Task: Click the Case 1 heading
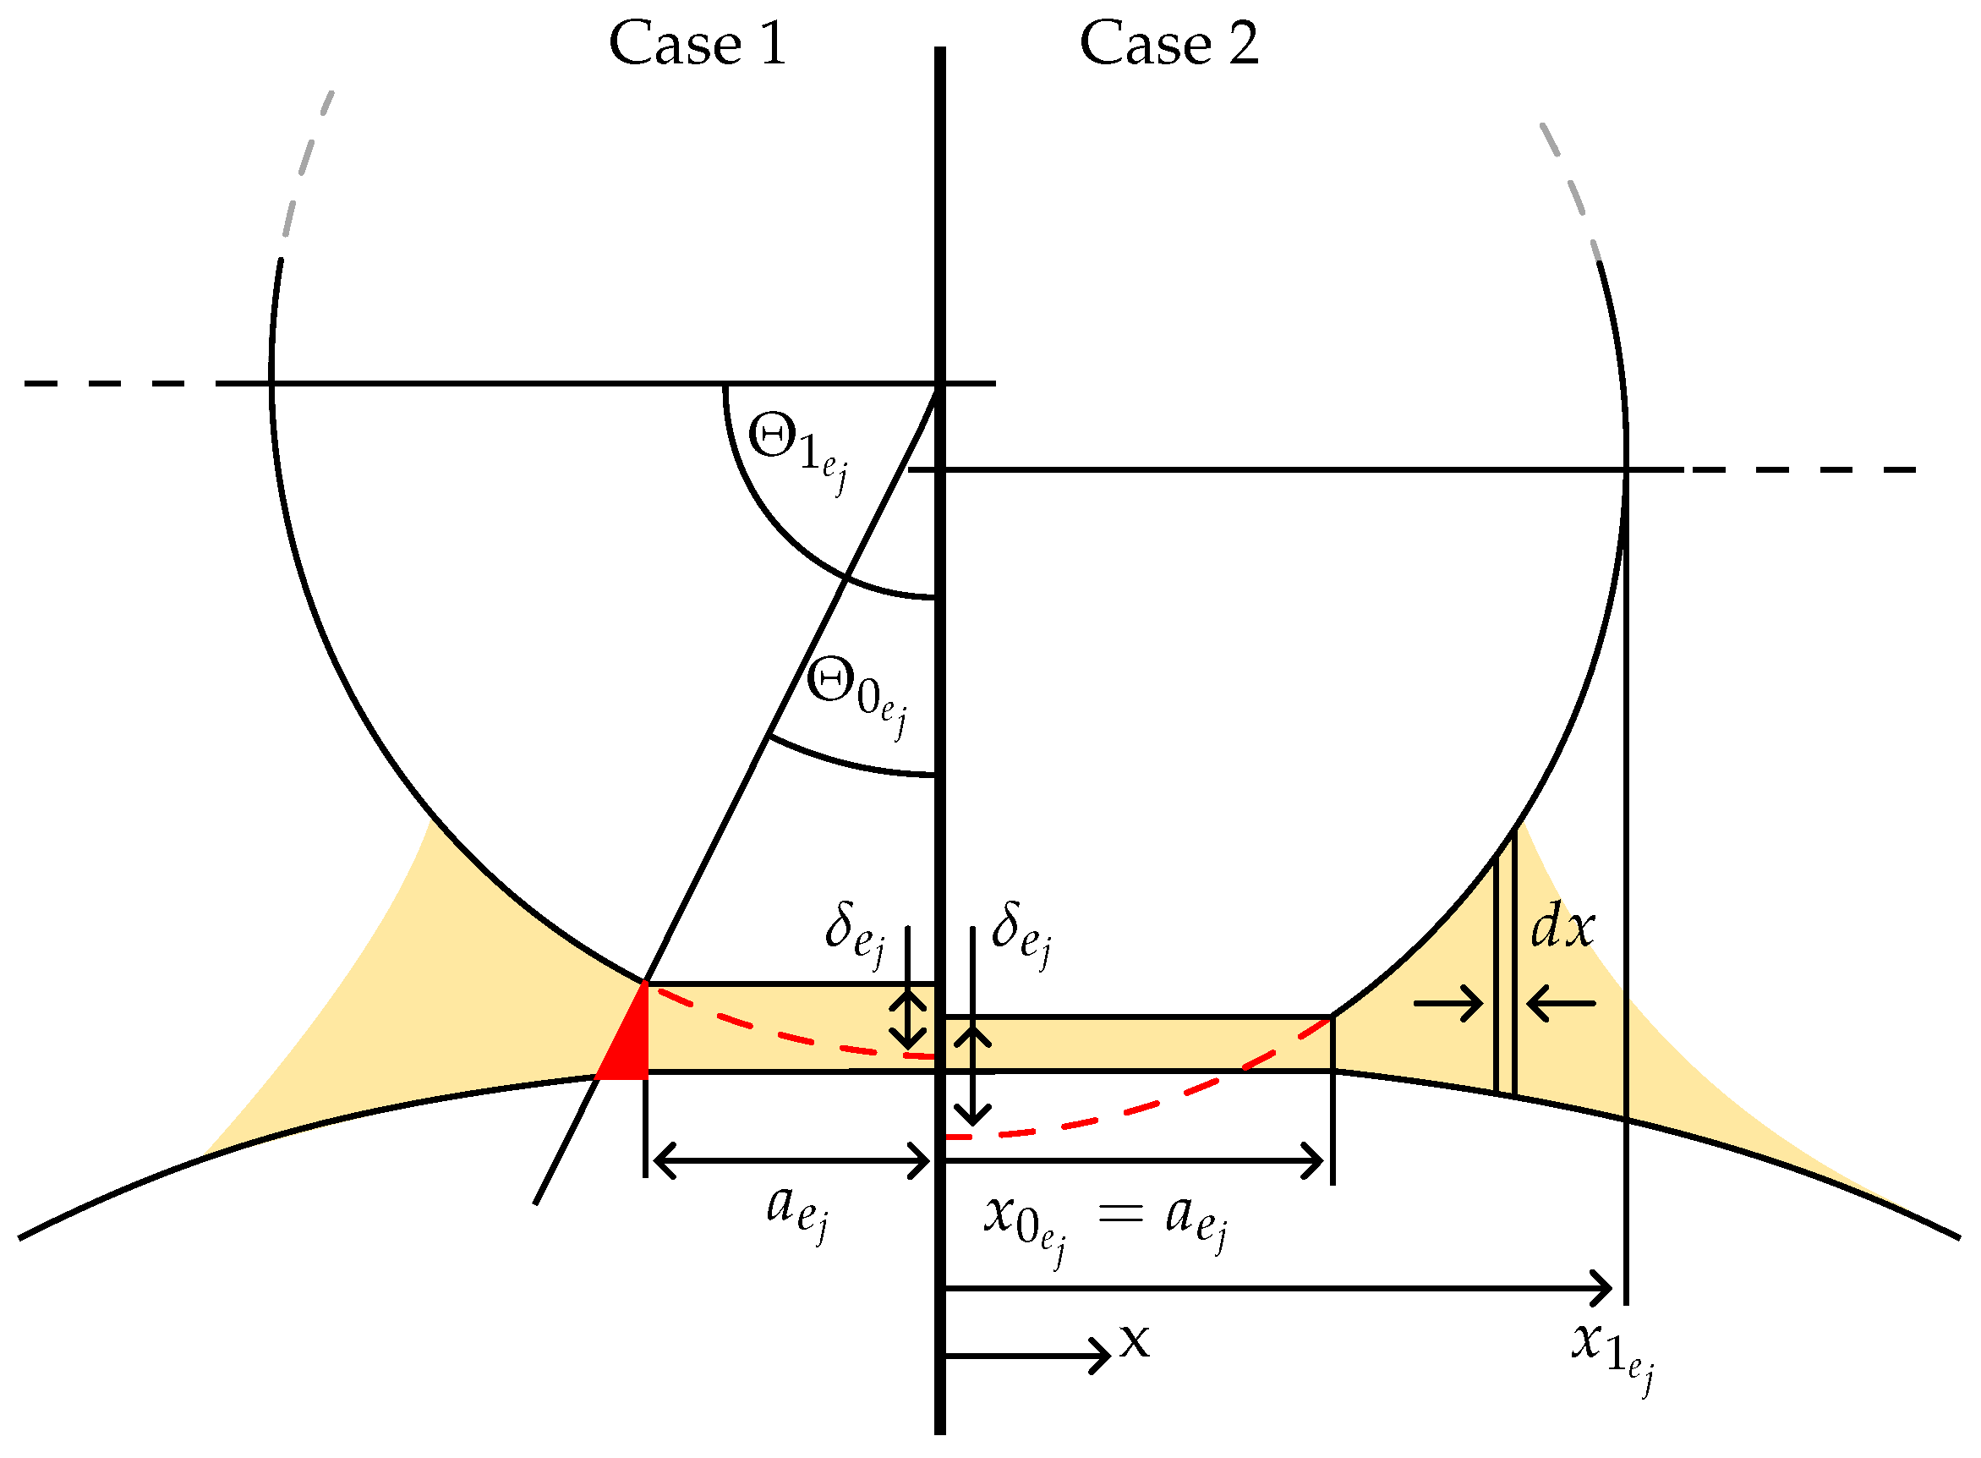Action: [x=697, y=44]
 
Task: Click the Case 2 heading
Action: [x=1168, y=44]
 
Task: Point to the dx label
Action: [x=1562, y=929]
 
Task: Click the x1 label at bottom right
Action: [x=1612, y=1351]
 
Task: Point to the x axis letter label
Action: [x=1135, y=1342]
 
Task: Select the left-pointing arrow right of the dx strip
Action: [x=1561, y=1004]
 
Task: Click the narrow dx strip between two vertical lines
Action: [x=1505, y=971]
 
